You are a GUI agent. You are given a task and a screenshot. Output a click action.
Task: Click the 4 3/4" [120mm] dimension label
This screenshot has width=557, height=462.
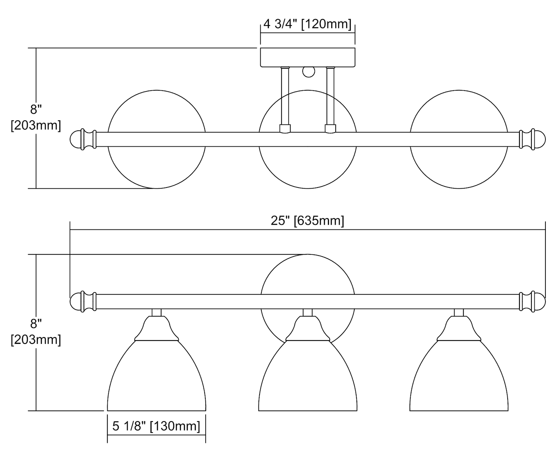coord(307,24)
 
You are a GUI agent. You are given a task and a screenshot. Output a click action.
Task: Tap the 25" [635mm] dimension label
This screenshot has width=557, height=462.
coord(307,221)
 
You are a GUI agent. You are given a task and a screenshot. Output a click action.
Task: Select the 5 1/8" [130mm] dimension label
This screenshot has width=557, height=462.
coord(156,426)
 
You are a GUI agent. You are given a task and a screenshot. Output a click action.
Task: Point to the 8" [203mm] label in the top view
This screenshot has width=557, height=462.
coord(36,117)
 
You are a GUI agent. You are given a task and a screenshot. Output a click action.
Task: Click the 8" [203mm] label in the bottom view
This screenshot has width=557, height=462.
coord(36,332)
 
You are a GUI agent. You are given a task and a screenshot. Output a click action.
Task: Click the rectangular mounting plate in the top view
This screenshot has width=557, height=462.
coord(307,57)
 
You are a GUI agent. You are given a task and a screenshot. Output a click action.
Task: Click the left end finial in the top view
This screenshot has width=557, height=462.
coord(83,139)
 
